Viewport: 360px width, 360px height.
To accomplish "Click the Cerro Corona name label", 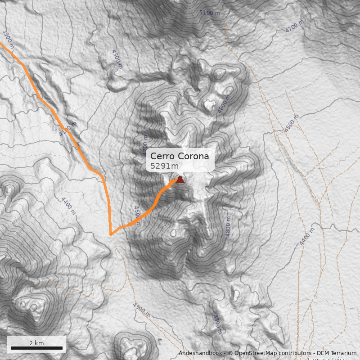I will [x=180, y=156].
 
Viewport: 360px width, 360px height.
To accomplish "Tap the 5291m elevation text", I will [x=164, y=166].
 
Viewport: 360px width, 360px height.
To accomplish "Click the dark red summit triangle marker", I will [x=180, y=180].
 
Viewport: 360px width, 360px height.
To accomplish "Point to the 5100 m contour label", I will [x=210, y=13].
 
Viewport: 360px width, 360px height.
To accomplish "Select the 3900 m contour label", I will [x=8, y=39].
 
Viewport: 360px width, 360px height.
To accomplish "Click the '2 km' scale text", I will [x=36, y=343].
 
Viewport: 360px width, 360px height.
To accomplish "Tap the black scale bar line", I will [x=36, y=348].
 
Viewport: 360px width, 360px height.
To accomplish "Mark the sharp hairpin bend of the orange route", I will [x=111, y=234].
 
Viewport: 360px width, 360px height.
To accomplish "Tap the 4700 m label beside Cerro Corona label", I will [x=145, y=143].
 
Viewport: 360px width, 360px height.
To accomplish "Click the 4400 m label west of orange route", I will [x=67, y=206].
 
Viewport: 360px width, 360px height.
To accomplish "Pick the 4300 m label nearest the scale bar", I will [x=141, y=310].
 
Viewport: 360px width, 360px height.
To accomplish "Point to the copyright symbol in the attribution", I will [x=230, y=353].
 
